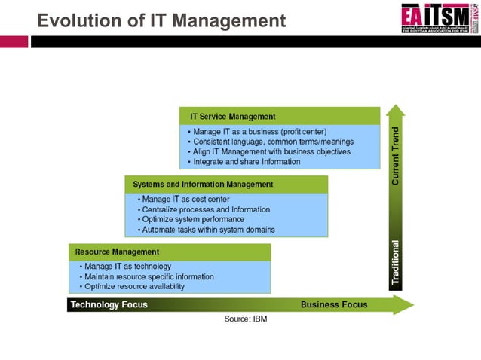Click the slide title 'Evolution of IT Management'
point(161,20)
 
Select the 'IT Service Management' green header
point(233,117)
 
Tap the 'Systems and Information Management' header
point(203,184)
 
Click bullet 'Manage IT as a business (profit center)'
point(260,131)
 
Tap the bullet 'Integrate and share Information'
point(247,161)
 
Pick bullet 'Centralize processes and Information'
point(205,209)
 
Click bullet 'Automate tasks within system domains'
point(208,230)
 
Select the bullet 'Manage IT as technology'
point(127,266)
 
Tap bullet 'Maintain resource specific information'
point(149,276)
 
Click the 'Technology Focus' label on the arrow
point(109,305)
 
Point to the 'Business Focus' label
point(334,304)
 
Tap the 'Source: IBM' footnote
point(246,319)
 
